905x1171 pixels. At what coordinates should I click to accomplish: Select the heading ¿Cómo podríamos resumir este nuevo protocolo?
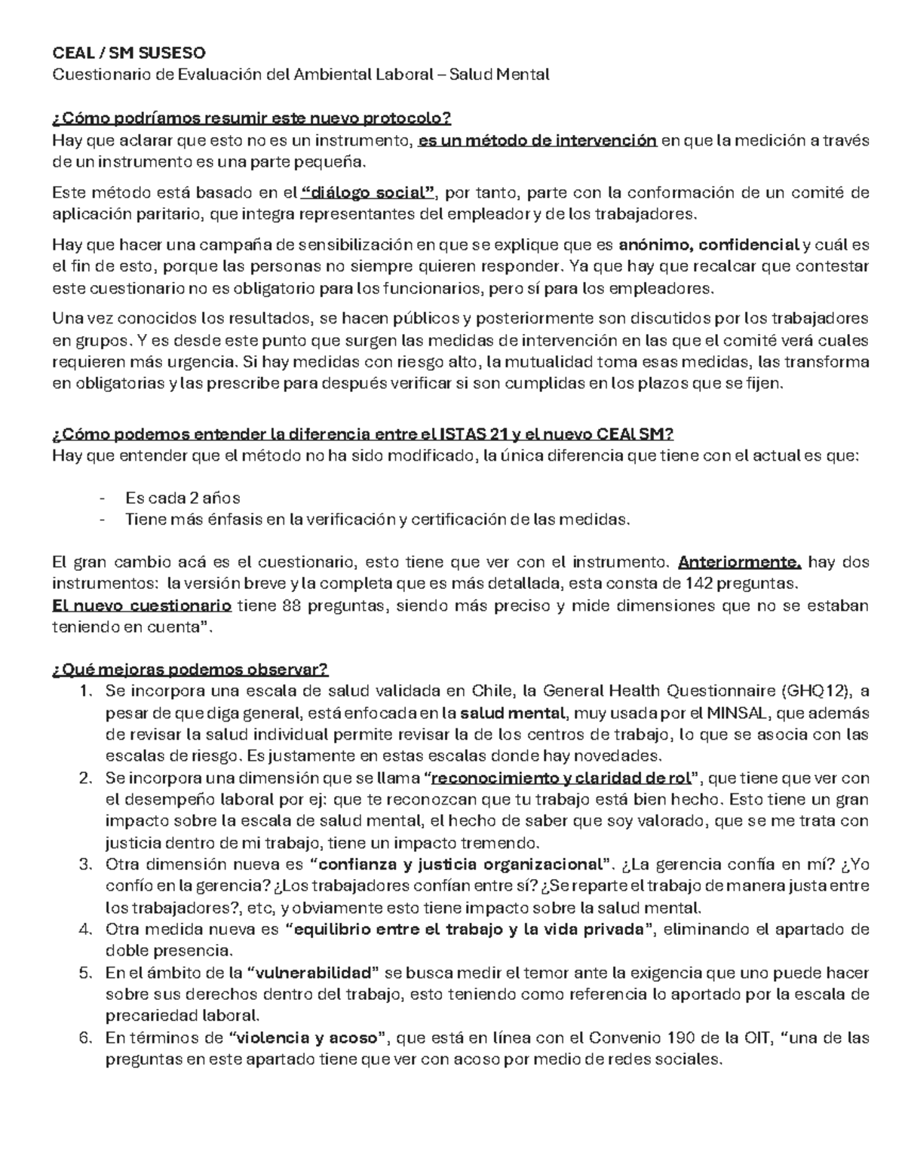pos(251,118)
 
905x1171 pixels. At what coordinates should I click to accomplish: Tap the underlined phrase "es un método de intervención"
pos(538,140)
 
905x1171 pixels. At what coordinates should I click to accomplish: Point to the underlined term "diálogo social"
pos(368,193)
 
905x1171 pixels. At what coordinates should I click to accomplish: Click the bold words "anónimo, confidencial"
pos(708,245)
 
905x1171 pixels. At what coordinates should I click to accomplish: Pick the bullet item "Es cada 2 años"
pos(183,498)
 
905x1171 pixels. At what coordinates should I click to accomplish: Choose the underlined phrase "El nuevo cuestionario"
pos(142,605)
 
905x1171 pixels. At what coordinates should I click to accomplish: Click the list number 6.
pos(84,1038)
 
